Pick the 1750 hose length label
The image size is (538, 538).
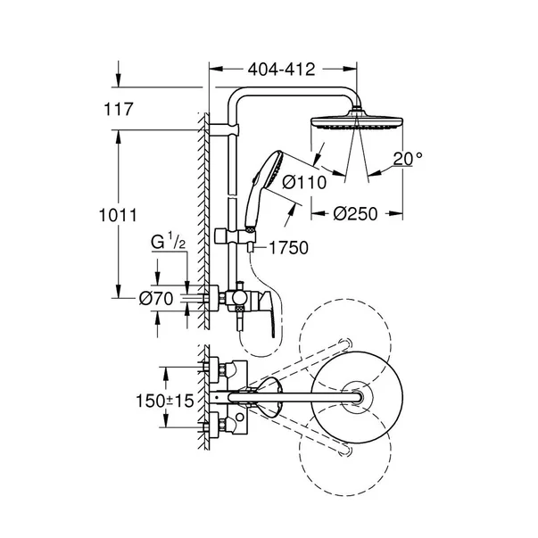287,248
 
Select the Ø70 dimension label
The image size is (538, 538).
155,299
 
